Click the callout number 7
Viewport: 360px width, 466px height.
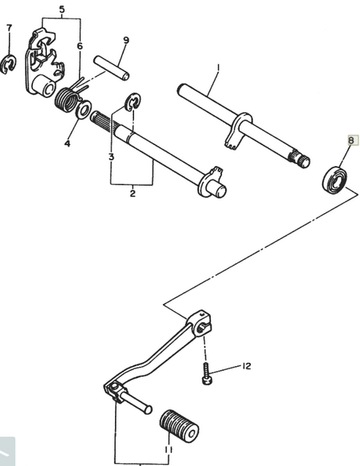[10, 28]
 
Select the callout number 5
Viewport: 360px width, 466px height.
[62, 10]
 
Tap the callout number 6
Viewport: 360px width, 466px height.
[79, 46]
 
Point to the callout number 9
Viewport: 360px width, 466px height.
[126, 40]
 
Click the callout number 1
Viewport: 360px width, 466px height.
[218, 67]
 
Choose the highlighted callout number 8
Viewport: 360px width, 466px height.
[351, 140]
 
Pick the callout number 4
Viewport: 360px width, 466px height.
[67, 144]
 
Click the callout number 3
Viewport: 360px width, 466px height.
[111, 157]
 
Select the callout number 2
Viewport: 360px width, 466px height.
[133, 193]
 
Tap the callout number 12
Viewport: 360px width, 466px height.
[246, 366]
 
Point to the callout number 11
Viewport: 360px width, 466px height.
[168, 450]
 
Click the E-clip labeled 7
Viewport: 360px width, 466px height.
[8, 64]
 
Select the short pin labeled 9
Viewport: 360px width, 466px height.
[111, 68]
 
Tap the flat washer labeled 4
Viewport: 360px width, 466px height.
[84, 109]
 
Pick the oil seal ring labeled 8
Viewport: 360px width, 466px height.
[334, 180]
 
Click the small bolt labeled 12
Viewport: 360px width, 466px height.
[207, 374]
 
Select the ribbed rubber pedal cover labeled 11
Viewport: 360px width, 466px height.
[179, 426]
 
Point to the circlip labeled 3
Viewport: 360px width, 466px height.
[133, 102]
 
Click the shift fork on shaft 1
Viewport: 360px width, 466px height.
[237, 130]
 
